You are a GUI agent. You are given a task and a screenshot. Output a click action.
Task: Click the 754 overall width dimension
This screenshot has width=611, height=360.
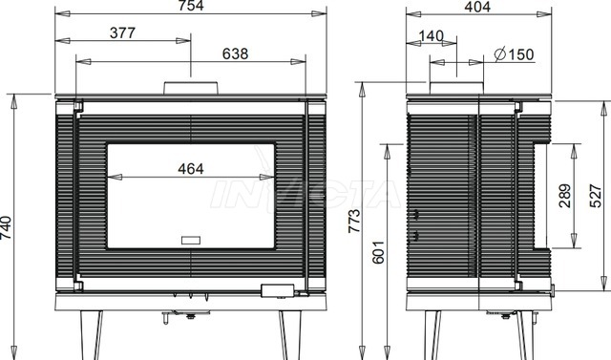point(191,6)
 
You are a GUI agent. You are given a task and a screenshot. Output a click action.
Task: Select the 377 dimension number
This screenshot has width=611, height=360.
point(122,33)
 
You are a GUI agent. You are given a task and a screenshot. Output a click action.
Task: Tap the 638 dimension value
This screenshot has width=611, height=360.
point(235,53)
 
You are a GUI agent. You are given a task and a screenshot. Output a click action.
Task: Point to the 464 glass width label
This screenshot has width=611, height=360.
point(191,169)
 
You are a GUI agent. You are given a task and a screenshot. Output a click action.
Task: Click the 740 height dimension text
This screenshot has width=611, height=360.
point(7,227)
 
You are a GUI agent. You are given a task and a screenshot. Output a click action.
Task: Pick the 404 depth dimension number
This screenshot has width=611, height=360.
point(477,7)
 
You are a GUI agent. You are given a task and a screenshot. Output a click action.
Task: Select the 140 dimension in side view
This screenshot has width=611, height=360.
point(431,36)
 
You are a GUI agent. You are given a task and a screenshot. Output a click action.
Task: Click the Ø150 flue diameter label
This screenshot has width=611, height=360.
point(514,54)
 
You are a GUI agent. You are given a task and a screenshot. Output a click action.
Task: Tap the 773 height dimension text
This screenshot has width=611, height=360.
point(354,221)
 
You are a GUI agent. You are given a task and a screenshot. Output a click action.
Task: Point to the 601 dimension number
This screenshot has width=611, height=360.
point(378,252)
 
